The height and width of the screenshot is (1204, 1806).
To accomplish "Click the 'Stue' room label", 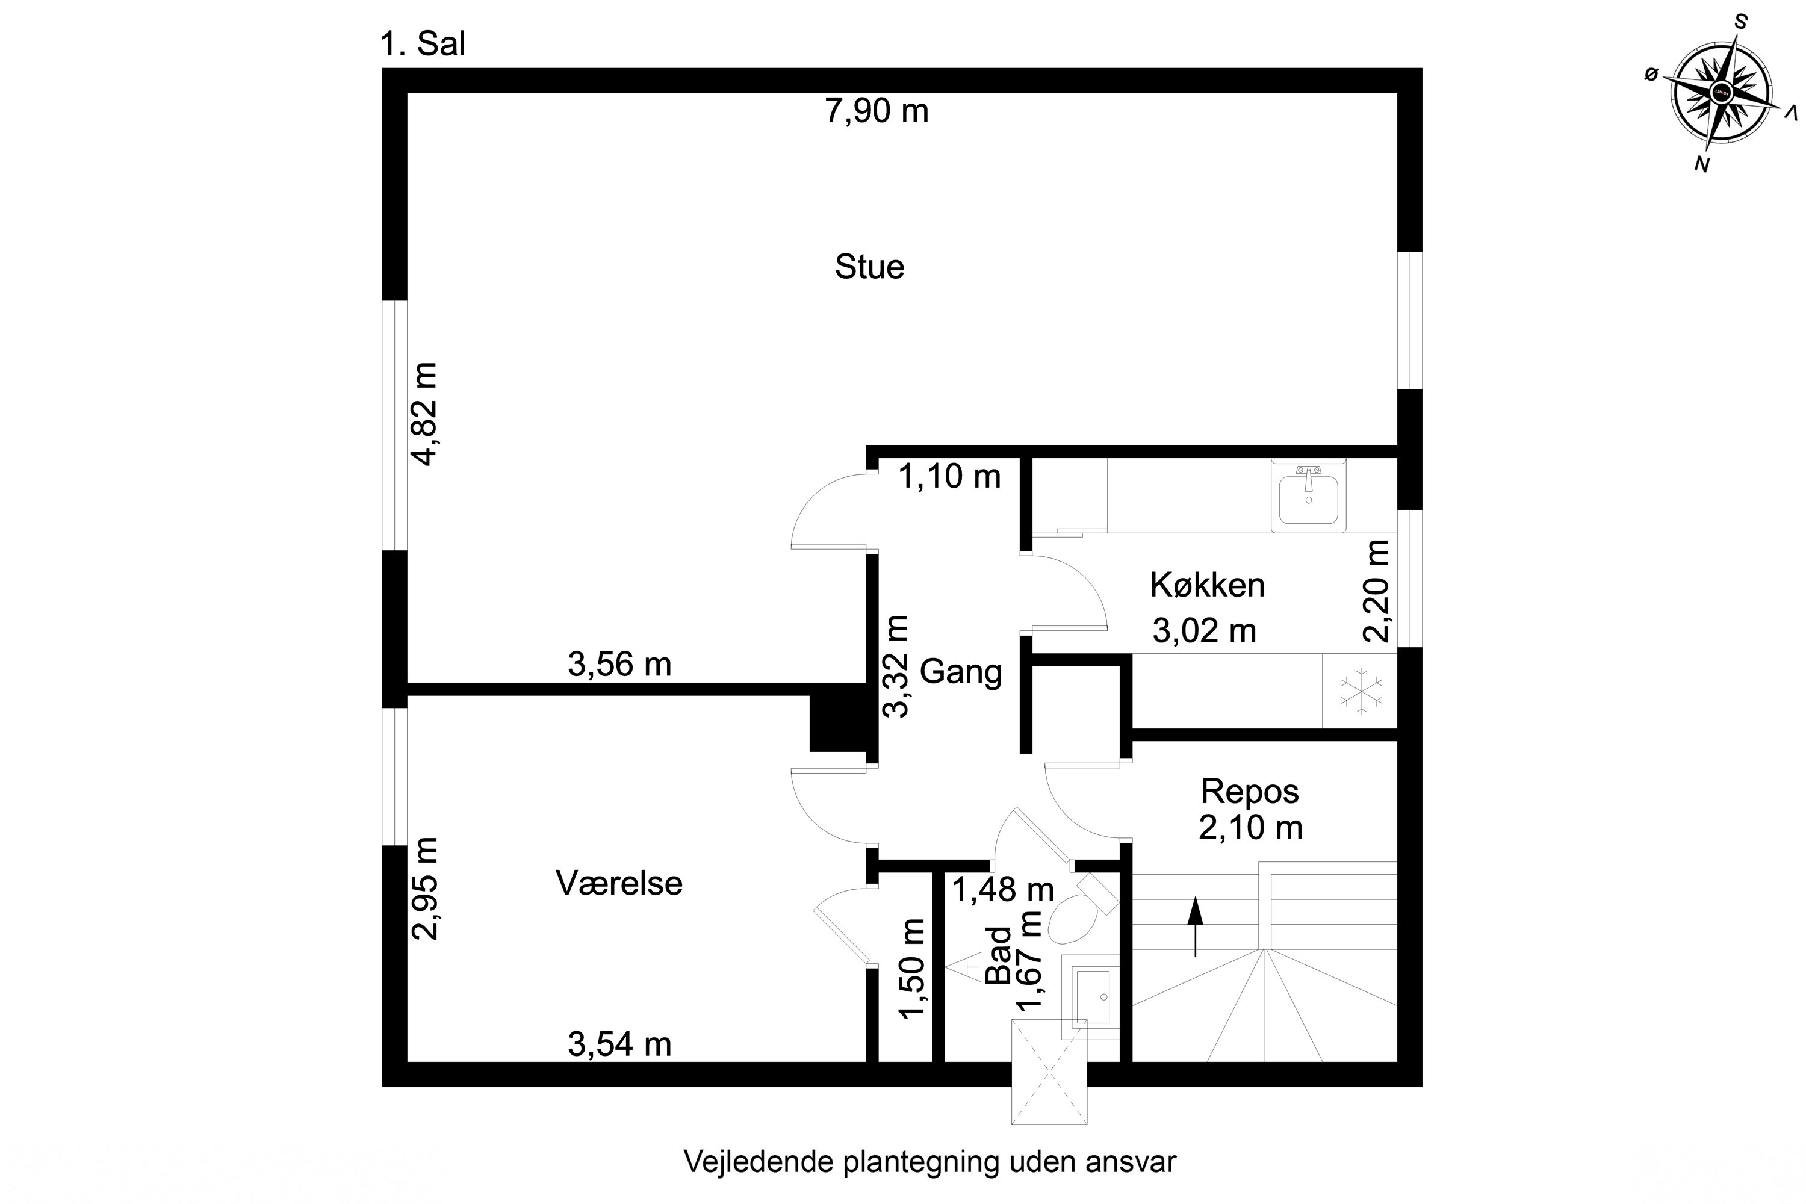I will [x=869, y=267].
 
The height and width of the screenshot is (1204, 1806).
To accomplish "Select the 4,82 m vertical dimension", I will [x=424, y=414].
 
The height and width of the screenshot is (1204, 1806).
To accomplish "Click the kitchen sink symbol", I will [x=1308, y=498].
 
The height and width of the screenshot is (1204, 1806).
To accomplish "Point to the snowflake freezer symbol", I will [x=1361, y=689].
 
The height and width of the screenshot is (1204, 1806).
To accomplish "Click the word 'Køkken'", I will [x=1207, y=586].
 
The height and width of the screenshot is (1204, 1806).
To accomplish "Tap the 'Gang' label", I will [x=961, y=672].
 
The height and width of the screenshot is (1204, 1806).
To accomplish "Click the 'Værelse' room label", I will [x=619, y=883].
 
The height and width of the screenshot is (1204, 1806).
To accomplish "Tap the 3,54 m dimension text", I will [x=619, y=1044].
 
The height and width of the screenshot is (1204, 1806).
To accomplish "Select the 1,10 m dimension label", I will [x=949, y=477].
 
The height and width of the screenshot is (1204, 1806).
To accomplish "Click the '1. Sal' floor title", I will [x=423, y=45].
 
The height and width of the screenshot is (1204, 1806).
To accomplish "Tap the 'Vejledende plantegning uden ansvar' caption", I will [x=929, y=1162].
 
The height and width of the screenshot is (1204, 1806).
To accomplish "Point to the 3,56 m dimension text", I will [x=619, y=664].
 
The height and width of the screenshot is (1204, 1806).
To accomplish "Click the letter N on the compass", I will [x=1702, y=164].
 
